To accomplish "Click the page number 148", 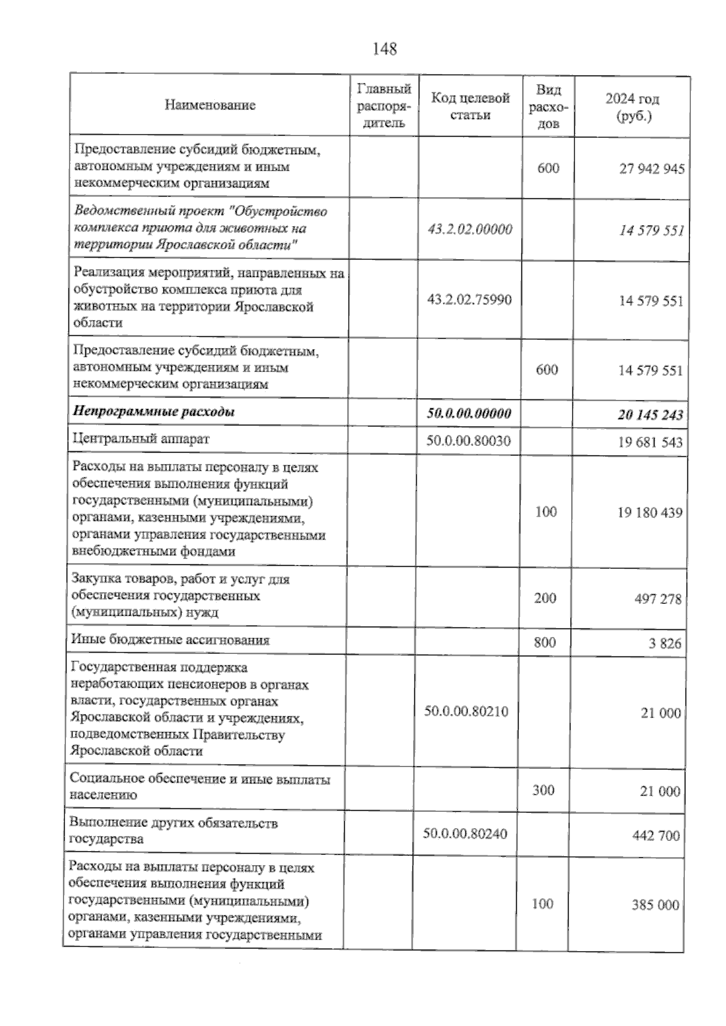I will coord(385,49).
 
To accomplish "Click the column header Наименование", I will coord(210,105).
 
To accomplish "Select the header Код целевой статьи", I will coord(470,106).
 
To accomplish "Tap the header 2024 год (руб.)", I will coord(632,107).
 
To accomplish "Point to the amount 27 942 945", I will coord(652,169).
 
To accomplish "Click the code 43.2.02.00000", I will coord(469,229).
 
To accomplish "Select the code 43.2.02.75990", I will coord(469,300).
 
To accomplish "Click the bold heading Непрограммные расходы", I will coord(154,413).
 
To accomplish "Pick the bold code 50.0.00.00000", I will coord(469,414).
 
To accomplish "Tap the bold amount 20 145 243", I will coord(650,415).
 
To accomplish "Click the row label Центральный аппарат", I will coord(140,439).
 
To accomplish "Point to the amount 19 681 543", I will coord(650,442).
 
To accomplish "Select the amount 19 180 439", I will coord(650,513).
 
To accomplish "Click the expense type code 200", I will coord(545,598).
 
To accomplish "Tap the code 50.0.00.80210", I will coord(466,711).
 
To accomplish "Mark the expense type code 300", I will coord(543,790).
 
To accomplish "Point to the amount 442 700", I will coord(656,836).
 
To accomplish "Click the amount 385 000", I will coord(655,905).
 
